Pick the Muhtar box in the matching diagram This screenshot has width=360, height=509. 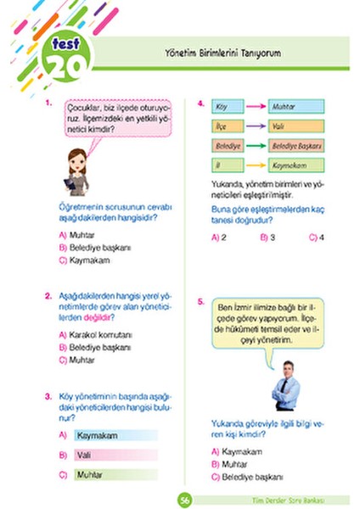point(292,107)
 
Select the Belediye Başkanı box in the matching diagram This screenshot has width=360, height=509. point(292,145)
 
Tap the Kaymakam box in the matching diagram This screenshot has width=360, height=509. point(292,165)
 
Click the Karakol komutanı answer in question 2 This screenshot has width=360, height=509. point(95,335)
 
